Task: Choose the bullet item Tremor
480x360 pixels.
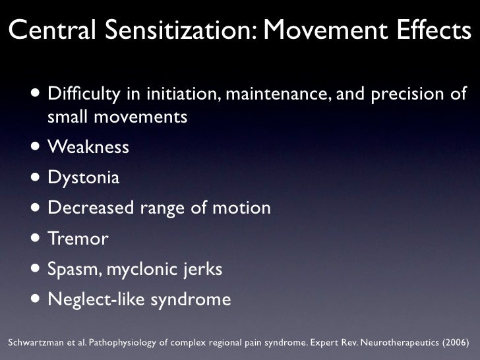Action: (x=78, y=239)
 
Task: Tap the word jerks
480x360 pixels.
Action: (x=202, y=270)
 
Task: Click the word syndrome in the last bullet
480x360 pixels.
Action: (x=191, y=300)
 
